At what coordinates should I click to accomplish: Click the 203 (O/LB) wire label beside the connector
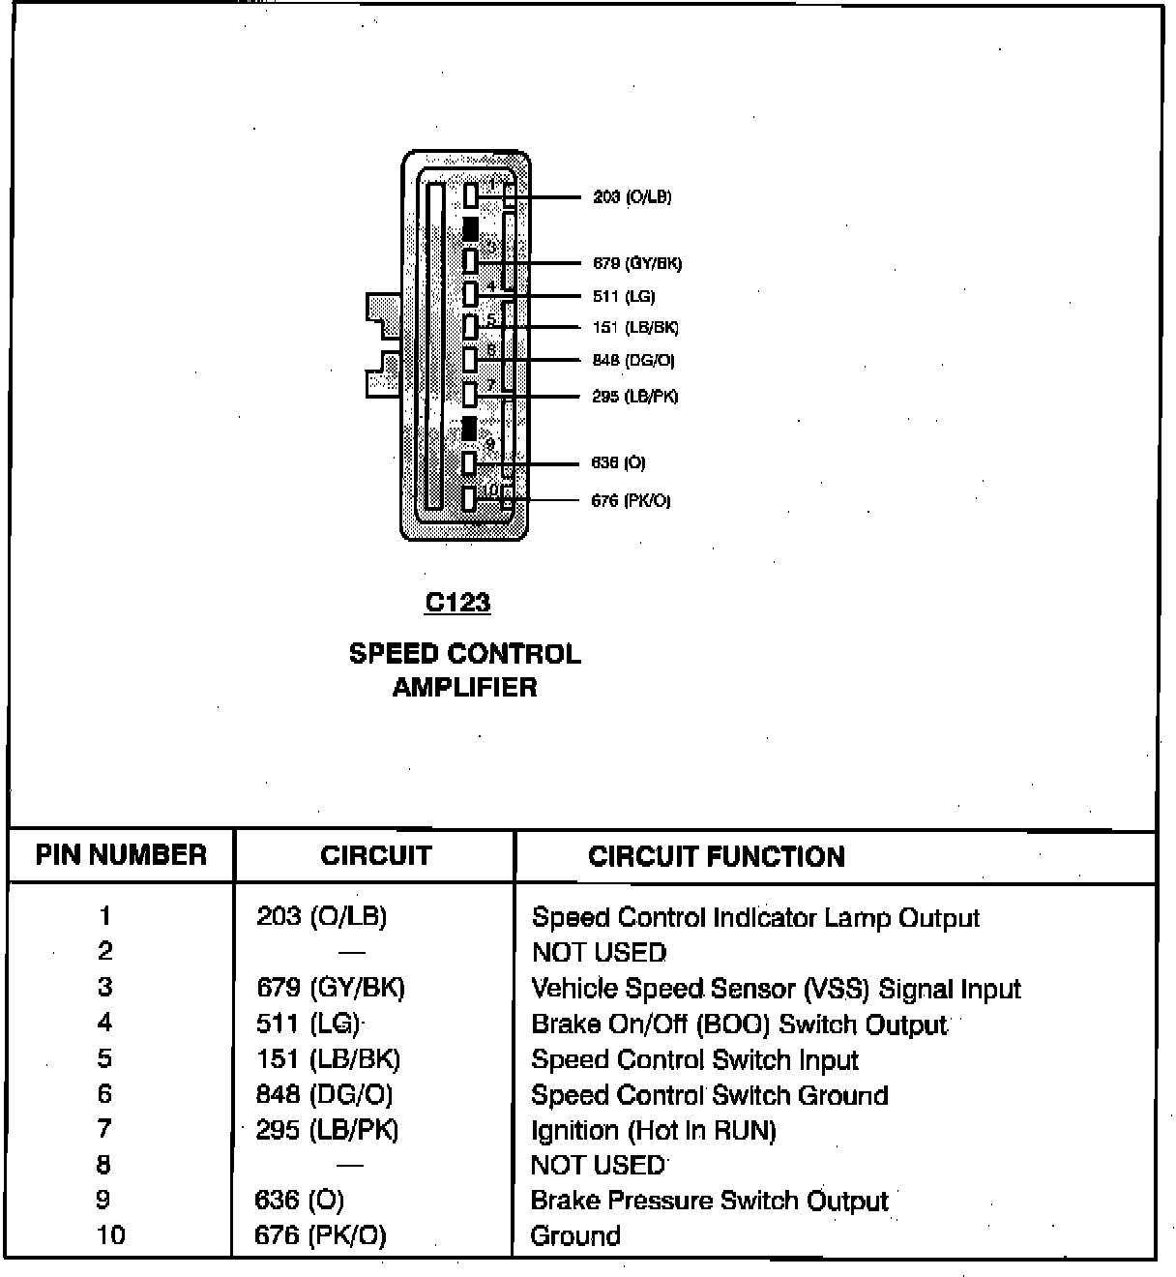[x=632, y=197]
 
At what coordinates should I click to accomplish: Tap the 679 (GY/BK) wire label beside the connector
[x=637, y=263]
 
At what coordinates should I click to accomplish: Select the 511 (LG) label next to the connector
[x=624, y=297]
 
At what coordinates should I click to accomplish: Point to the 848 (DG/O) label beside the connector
[x=633, y=361]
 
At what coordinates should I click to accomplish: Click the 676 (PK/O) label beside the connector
[x=631, y=501]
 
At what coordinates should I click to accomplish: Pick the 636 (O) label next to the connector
[x=618, y=463]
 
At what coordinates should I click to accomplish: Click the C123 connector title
[x=457, y=603]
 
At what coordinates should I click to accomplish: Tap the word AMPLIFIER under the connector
[x=464, y=688]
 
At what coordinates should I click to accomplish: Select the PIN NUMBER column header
[x=121, y=855]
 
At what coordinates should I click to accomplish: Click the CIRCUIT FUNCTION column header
[x=716, y=857]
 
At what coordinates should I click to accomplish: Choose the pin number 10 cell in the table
[x=110, y=1235]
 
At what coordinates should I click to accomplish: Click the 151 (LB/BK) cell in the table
[x=328, y=1059]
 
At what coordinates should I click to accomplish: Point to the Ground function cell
[x=575, y=1236]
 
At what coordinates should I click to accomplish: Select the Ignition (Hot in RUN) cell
[x=653, y=1131]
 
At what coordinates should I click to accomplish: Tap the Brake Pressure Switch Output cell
[x=709, y=1202]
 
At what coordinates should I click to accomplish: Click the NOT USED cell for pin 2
[x=599, y=953]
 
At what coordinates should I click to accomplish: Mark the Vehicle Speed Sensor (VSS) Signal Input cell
[x=776, y=989]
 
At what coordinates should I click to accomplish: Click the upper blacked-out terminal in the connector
[x=470, y=229]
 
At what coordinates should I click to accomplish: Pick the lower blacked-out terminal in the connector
[x=469, y=429]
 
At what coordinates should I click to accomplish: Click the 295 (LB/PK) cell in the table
[x=327, y=1130]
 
